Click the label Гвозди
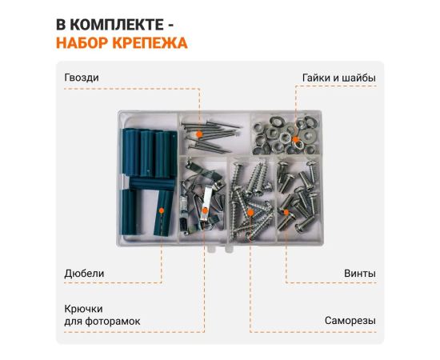click(82, 78)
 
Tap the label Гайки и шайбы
click(339, 78)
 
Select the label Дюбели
click(84, 274)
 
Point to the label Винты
click(360, 274)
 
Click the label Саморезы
click(350, 321)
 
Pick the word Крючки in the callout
click(84, 309)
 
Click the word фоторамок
click(113, 322)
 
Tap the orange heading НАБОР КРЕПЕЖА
click(122, 43)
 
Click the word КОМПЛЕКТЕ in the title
click(117, 25)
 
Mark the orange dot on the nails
click(199, 134)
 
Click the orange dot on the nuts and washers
click(295, 139)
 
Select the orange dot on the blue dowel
click(162, 210)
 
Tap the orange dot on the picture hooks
click(205, 210)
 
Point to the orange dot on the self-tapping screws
click(250, 213)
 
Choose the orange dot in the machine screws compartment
click(286, 212)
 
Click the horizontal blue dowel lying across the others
click(152, 183)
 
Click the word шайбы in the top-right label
click(362, 78)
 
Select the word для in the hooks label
click(73, 322)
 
